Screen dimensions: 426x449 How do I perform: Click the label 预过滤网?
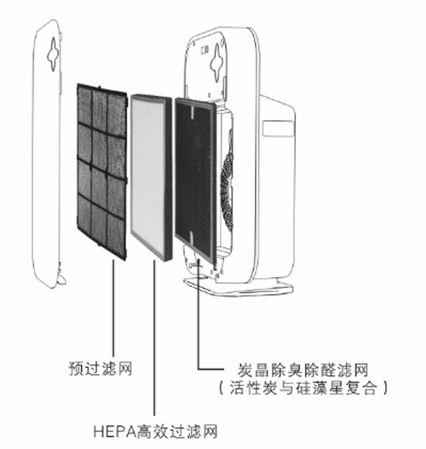100,369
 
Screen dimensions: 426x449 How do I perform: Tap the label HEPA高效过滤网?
155,431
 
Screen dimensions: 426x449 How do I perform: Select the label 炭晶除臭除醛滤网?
303,370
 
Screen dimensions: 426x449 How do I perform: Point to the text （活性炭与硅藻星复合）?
303,389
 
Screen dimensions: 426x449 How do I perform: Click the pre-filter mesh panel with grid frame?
102,172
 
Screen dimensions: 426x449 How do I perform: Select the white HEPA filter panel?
151,177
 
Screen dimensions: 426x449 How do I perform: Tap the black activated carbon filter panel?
196,181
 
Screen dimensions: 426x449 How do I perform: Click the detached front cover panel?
48,154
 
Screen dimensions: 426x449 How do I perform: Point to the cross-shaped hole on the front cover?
54,54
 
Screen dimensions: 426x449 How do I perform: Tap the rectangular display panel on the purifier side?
279,129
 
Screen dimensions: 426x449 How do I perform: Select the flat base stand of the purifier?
239,286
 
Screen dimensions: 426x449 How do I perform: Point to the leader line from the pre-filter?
113,308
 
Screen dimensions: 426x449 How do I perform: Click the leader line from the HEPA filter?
154,338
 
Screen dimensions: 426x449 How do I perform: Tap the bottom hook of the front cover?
61,277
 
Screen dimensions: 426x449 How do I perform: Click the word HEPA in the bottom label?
114,431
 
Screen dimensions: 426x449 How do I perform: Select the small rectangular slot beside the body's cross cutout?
204,50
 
